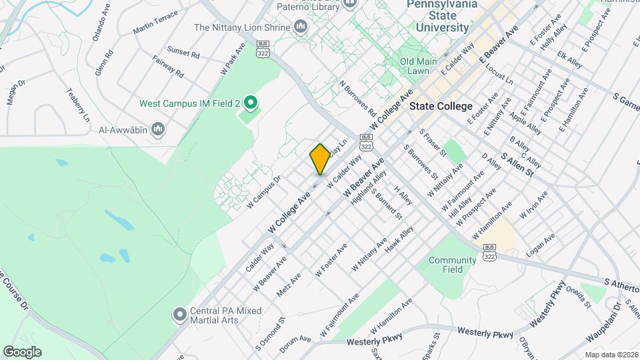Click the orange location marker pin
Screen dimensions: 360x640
coord(320,159)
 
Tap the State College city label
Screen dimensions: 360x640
coord(441,106)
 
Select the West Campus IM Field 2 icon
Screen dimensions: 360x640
coord(251,103)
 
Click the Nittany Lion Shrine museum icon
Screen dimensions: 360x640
coord(300,27)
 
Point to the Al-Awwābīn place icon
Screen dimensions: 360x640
coord(158,129)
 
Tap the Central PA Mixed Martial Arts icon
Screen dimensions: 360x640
coord(179,313)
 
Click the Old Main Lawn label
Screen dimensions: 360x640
coord(418,66)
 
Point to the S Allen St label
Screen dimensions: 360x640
coord(518,165)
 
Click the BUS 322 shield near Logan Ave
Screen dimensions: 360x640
coord(489,255)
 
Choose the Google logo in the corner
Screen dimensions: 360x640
coord(22,351)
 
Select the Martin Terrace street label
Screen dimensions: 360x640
coord(155,23)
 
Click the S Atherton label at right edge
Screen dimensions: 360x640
coord(621,283)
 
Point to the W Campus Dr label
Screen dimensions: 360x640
coord(265,192)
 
